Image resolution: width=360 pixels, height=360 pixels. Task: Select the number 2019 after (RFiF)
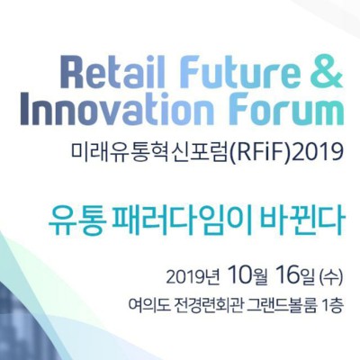318,152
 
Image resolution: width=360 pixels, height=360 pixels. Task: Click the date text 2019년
193,277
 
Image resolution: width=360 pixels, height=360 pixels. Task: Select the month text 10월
247,276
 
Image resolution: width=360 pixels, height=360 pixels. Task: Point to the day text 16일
295,276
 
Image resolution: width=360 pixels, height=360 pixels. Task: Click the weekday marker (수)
331,277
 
